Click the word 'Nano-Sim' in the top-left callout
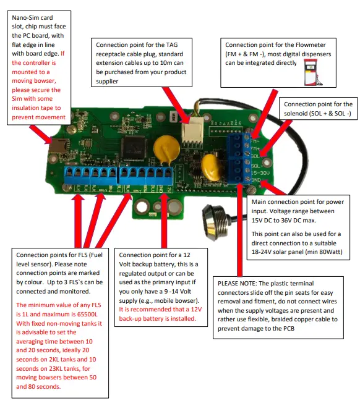coord(28,18)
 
